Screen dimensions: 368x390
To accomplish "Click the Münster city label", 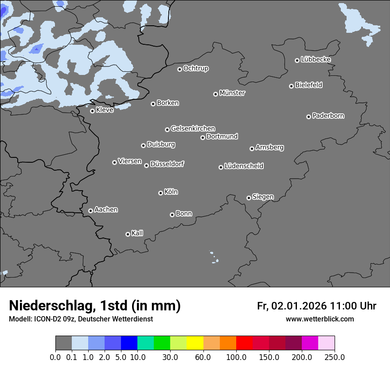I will click(232, 93).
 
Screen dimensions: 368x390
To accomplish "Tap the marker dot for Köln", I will click(160, 193).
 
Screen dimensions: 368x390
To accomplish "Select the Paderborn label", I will click(328, 116).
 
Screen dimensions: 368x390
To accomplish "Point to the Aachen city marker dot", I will click(90, 211).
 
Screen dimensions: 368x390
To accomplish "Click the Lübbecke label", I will click(316, 59).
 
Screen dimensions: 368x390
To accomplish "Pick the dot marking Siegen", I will click(249, 198).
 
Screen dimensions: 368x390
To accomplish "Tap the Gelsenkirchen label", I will click(193, 129).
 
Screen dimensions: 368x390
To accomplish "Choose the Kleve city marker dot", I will click(92, 111).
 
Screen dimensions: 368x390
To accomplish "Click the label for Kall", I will click(137, 233).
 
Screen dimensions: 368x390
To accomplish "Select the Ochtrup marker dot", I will click(179, 69).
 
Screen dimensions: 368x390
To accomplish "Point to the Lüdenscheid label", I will click(244, 166).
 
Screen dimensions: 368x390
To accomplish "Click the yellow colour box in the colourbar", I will click(195, 343).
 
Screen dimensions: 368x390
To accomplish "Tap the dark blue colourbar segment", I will click(129, 343).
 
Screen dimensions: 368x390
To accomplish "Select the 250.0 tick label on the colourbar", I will click(335, 357).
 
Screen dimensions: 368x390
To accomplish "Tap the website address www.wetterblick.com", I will click(320, 319).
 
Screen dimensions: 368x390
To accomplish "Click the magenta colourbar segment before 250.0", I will click(310, 343).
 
